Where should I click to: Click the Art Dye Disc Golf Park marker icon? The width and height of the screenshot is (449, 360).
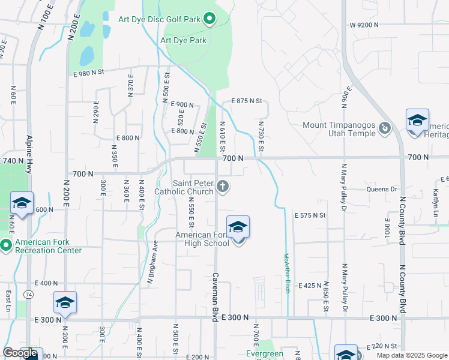point(209,20)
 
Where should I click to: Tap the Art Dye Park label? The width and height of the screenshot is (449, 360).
point(183,41)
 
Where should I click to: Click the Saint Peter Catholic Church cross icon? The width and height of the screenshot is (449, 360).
point(223,186)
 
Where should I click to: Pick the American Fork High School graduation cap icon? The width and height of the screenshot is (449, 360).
point(238,227)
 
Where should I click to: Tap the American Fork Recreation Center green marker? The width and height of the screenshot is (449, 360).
point(5,245)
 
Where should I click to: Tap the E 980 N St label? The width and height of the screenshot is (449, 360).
point(97,73)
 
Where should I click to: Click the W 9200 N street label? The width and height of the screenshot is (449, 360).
point(364,25)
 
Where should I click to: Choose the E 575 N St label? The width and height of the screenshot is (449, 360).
point(310,215)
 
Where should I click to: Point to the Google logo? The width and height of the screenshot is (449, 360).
point(21,353)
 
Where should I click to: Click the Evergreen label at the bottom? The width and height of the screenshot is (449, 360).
point(265,354)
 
